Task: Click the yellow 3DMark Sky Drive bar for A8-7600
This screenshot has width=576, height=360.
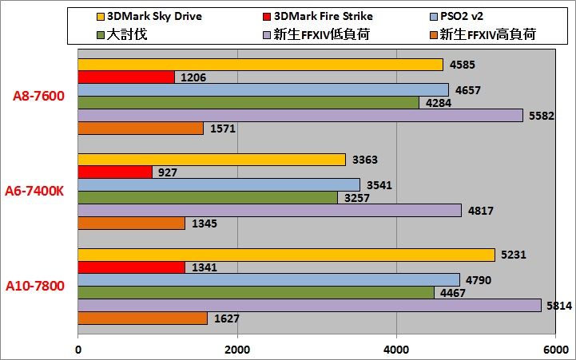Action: pyautogui.click(x=260, y=65)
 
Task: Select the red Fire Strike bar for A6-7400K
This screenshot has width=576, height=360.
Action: pyautogui.click(x=115, y=172)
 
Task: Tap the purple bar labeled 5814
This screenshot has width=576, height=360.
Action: pyautogui.click(x=310, y=305)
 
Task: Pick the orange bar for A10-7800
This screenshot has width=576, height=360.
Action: pyautogui.click(x=142, y=318)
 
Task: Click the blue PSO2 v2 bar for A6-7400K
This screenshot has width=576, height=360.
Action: pyautogui.click(x=219, y=184)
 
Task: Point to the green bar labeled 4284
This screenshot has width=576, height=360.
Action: pyautogui.click(x=248, y=103)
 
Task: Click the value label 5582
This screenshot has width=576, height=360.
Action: pyautogui.click(x=542, y=116)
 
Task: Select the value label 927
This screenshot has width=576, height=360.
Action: pyautogui.click(x=168, y=172)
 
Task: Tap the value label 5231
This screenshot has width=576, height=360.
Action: pyautogui.click(x=514, y=255)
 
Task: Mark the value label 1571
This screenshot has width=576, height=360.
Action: pyautogui.click(x=223, y=129)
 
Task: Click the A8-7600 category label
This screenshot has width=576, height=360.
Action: pyautogui.click(x=38, y=96)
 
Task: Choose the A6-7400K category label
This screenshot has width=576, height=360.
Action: pyautogui.click(x=34, y=192)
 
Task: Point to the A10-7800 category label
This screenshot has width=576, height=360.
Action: pyautogui.click(x=35, y=286)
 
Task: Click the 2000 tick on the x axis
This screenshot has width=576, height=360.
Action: pyautogui.click(x=237, y=350)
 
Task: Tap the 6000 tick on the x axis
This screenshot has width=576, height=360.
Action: pyautogui.click(x=556, y=350)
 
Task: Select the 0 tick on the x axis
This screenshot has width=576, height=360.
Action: pyautogui.click(x=78, y=350)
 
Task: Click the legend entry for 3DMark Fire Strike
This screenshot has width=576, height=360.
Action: pyautogui.click(x=318, y=17)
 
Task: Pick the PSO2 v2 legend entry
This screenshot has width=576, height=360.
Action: pyautogui.click(x=457, y=17)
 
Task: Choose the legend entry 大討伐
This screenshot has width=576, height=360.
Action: pyautogui.click(x=122, y=34)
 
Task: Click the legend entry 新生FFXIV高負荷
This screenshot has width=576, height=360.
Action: pyautogui.click(x=483, y=34)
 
